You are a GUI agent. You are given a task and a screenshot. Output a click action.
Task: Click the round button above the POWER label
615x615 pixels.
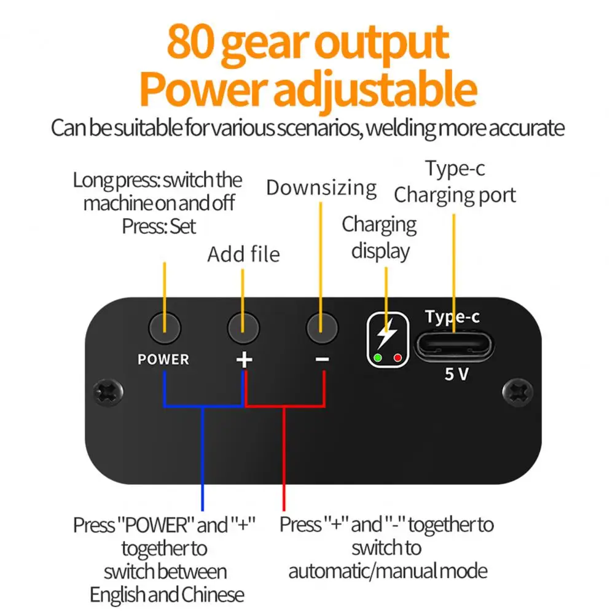click(165, 328)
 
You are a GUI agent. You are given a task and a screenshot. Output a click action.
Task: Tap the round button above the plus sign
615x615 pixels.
click(243, 328)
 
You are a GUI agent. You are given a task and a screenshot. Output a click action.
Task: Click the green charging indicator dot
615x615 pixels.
click(378, 358)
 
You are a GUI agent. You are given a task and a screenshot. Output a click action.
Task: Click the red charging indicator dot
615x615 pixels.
click(398, 358)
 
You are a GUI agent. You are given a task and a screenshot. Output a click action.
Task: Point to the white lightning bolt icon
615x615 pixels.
click(387, 334)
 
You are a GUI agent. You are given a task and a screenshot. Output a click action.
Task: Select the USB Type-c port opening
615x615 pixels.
click(454, 346)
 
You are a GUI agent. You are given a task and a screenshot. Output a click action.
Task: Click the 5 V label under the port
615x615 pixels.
click(456, 374)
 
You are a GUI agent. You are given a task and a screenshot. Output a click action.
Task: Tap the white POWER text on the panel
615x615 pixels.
click(163, 359)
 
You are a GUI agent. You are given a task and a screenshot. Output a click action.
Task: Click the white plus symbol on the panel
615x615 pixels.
click(244, 359)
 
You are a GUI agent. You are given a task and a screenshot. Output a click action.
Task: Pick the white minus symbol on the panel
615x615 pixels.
click(323, 359)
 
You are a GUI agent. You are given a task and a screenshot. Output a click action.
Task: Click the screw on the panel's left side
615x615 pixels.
click(108, 393)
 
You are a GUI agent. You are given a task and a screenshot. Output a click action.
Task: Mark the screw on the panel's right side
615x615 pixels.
click(518, 392)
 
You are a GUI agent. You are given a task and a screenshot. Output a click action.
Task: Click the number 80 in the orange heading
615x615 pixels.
click(190, 41)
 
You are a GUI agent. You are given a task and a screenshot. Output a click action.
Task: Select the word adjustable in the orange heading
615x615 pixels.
click(375, 90)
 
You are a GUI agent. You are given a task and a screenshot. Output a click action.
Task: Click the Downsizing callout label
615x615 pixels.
click(321, 188)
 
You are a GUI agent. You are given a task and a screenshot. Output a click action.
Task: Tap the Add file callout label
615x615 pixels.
click(243, 254)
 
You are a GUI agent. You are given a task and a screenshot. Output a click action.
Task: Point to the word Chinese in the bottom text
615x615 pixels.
click(213, 595)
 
